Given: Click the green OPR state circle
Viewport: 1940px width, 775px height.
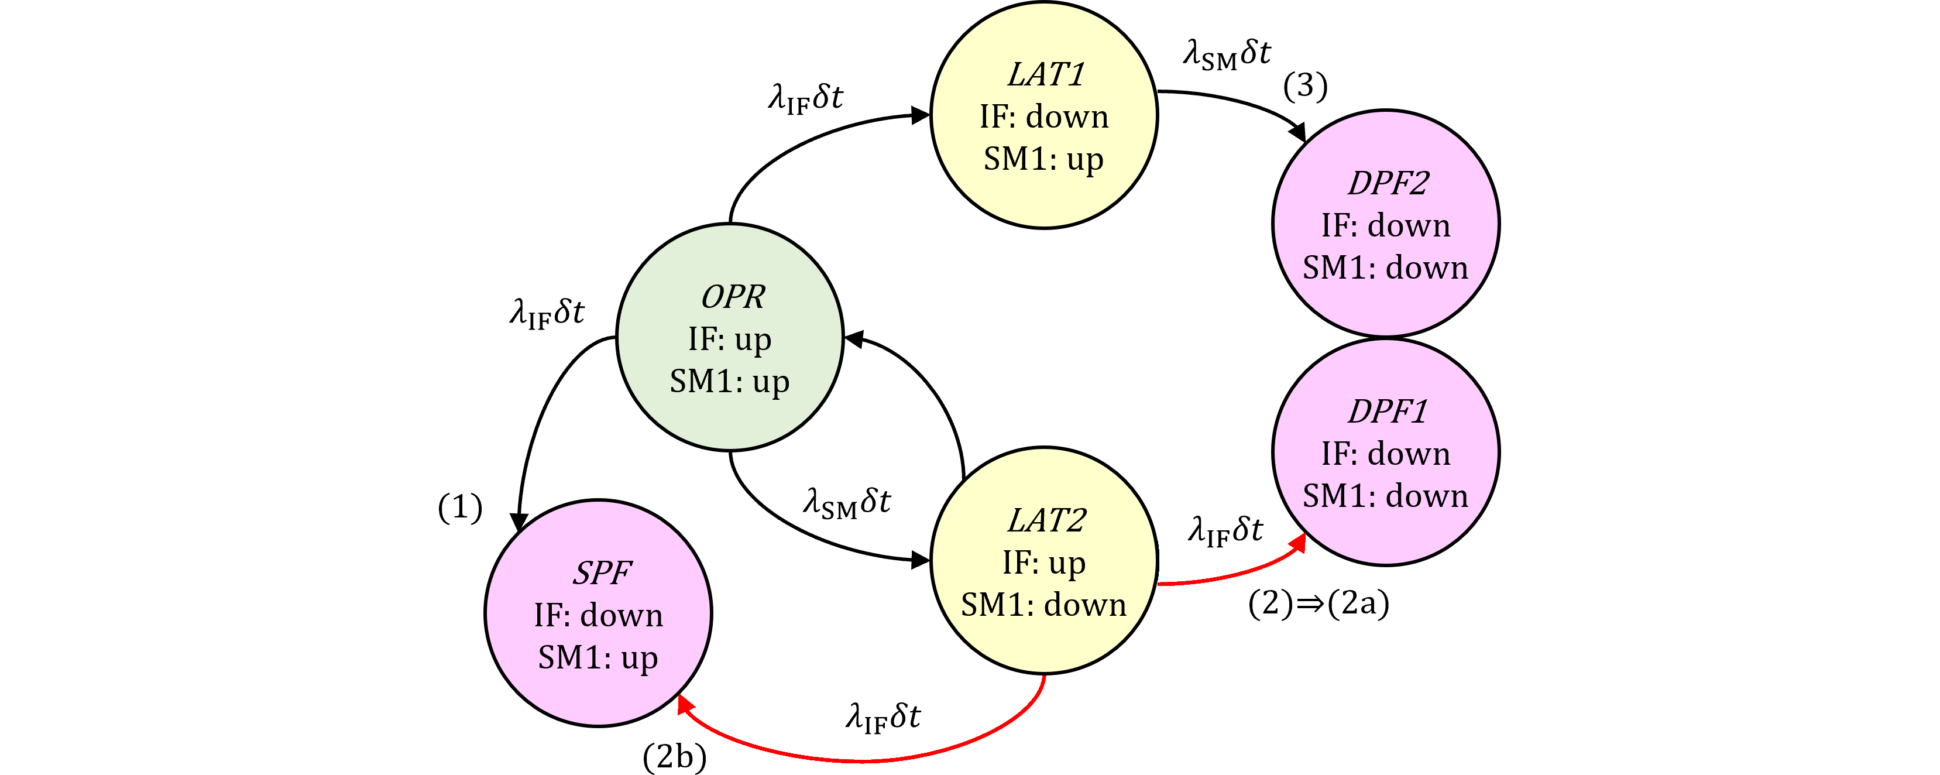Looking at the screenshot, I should pos(729,337).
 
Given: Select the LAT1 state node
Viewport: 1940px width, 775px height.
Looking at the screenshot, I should pos(1044,115).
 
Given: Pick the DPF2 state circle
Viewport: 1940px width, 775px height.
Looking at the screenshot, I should pos(1386,224).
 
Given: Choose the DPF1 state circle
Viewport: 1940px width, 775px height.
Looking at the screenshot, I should pos(1386,452).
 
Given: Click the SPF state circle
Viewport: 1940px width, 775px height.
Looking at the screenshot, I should pos(598,613).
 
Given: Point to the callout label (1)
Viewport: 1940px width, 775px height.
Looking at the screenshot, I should pos(460,507).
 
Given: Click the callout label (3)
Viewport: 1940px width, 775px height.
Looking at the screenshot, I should pos(1305,86).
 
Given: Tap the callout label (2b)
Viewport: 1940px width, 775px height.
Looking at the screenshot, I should pos(675,756).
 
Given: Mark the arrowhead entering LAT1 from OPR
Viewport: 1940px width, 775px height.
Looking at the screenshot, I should pos(921,115).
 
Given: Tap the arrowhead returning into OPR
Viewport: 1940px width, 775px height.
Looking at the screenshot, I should pos(854,339).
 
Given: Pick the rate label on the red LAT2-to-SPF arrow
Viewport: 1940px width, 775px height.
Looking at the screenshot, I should pos(884,718).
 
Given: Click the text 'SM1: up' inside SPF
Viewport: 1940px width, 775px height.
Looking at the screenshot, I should pos(598,657).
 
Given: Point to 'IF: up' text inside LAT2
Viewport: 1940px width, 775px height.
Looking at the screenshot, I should pos(1044,562).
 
